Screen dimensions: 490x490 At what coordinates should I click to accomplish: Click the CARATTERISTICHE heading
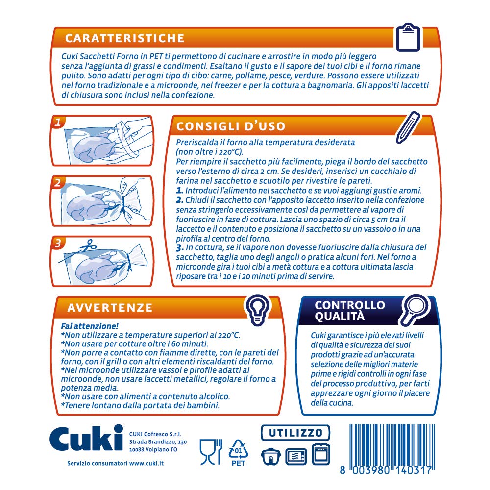[124, 38]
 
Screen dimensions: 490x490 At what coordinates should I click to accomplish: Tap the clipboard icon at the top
[408, 37]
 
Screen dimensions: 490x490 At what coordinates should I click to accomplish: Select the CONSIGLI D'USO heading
[231, 126]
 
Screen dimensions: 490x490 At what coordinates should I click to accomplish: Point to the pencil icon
[408, 127]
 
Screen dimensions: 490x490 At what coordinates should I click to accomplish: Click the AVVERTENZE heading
[110, 308]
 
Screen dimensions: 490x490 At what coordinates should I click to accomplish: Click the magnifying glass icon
[415, 309]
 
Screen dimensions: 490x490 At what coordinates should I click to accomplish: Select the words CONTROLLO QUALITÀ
[350, 311]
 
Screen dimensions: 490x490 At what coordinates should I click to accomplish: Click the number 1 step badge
[58, 122]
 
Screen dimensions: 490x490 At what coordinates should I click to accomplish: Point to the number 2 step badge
[57, 182]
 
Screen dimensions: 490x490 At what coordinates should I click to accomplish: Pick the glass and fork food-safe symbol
[211, 452]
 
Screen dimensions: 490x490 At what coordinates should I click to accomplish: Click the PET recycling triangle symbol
[239, 452]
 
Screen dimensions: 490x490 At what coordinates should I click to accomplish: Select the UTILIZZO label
[295, 433]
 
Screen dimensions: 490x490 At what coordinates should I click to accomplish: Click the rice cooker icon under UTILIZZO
[270, 456]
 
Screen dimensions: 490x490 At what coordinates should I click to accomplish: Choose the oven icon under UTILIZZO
[321, 454]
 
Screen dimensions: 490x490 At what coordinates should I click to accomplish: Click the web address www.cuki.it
[146, 463]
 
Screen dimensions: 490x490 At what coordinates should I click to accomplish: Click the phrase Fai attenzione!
[90, 326]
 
